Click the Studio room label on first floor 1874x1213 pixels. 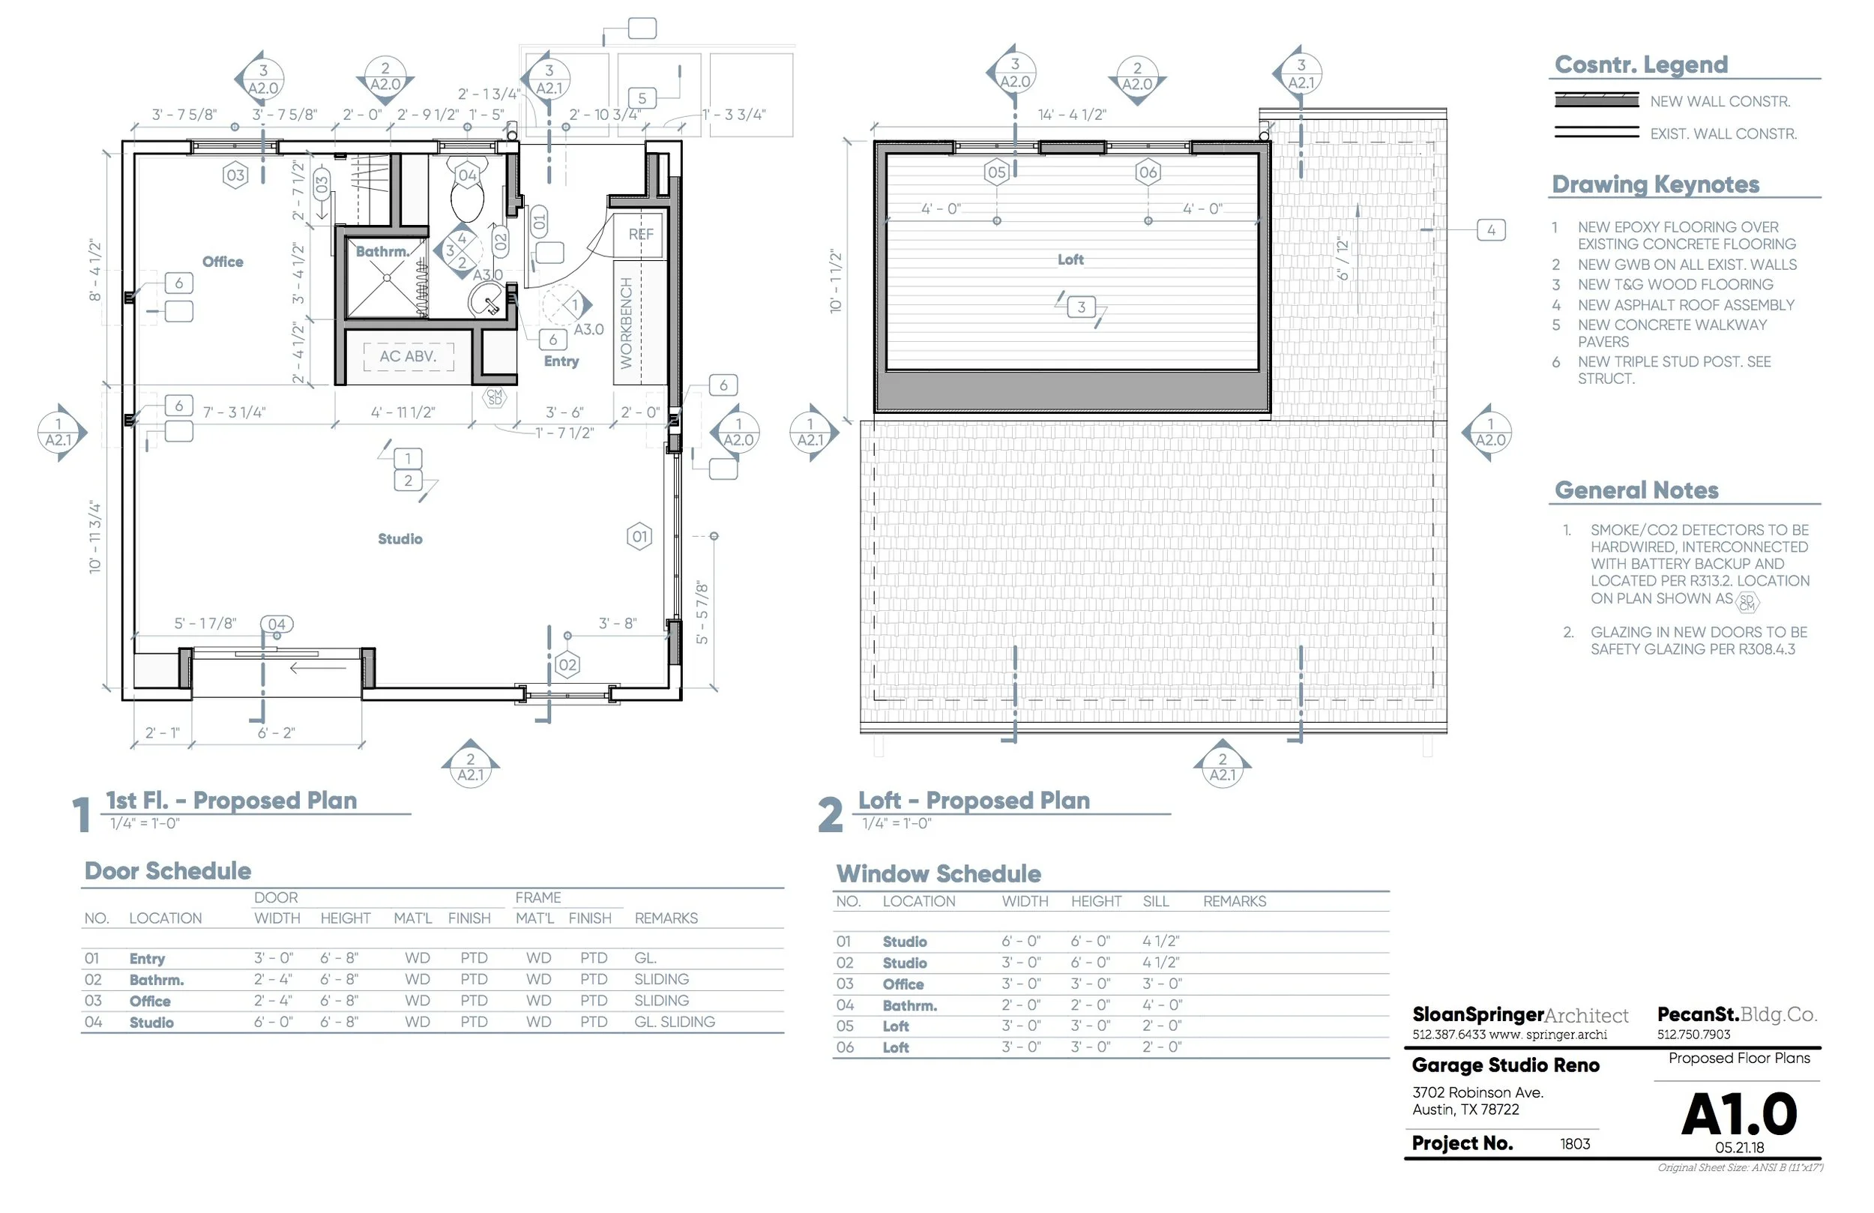pos(400,540)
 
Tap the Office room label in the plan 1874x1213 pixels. pos(223,262)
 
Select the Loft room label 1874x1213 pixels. pos(1071,260)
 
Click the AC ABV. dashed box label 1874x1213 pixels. pos(408,357)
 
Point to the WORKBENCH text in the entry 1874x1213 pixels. pos(627,324)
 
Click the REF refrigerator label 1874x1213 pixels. pos(641,235)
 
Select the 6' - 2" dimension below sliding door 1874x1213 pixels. pos(277,733)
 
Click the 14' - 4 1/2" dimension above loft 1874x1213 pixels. pos(1073,115)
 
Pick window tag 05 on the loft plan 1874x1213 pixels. pos(997,172)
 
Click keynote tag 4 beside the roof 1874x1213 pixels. pos(1491,231)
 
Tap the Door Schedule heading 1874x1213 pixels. pos(168,872)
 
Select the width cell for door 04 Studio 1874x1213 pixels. pos(273,1023)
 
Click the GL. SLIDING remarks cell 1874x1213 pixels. pos(675,1023)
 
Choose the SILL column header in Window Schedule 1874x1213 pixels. pos(1156,902)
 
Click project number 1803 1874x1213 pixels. pos(1575,1145)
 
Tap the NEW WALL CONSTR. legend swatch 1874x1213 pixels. pos(1596,100)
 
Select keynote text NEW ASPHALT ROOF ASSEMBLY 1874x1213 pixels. pos(1686,306)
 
